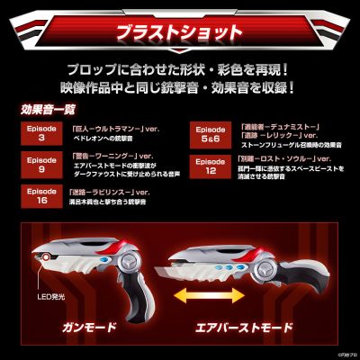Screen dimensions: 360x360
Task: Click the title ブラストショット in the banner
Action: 179,33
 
